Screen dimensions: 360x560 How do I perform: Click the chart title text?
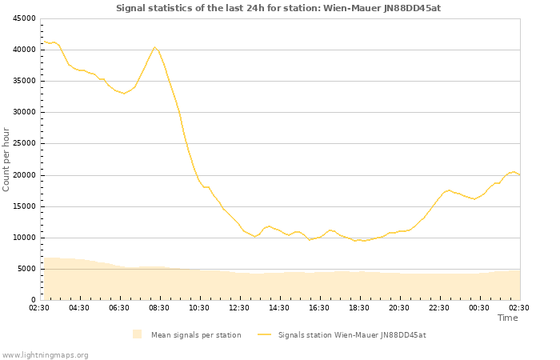coord(278,8)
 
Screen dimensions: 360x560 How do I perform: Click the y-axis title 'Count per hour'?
coord(7,159)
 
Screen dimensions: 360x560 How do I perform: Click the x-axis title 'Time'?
coord(507,318)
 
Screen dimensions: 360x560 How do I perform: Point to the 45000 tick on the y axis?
coord(24,18)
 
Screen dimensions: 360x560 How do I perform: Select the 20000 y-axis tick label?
coord(24,175)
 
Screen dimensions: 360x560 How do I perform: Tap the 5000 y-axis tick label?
coord(26,269)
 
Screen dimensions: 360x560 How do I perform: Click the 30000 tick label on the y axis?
coord(24,112)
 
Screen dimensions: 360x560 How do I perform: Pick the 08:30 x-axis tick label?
coord(159,307)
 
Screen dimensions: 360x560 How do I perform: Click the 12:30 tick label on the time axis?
coord(239,307)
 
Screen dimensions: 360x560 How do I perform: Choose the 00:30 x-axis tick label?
coord(479,307)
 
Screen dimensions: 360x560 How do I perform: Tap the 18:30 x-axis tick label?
coord(359,307)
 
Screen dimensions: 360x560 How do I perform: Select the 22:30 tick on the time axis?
coord(439,307)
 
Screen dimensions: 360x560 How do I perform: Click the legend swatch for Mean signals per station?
coord(137,334)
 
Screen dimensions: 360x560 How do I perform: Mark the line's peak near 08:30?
coord(155,47)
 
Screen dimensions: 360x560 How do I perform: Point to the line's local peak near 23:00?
coord(449,190)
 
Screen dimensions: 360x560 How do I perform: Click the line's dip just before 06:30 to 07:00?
coord(124,94)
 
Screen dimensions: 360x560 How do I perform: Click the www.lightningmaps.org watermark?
coord(45,354)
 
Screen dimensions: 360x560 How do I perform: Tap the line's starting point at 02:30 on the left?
coord(43,41)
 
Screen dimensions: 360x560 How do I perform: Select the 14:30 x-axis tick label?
coord(279,307)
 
